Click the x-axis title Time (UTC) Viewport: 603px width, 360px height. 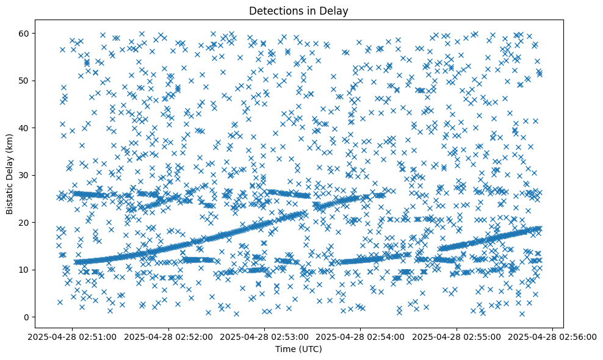299,350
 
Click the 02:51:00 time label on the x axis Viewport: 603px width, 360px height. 73,337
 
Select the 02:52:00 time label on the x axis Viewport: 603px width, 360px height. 168,337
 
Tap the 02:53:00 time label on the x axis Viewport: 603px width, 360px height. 264,337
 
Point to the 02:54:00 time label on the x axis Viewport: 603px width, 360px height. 361,337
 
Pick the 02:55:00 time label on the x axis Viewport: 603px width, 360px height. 457,337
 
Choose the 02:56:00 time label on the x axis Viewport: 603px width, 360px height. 552,337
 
